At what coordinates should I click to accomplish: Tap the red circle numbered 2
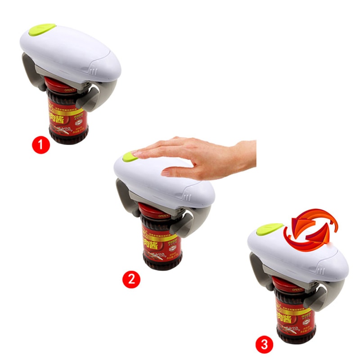(131, 279)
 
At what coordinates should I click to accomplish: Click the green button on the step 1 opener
(41, 30)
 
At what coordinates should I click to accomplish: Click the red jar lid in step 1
(56, 85)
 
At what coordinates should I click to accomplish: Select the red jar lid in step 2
(151, 211)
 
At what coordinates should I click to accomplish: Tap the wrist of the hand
(245, 155)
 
